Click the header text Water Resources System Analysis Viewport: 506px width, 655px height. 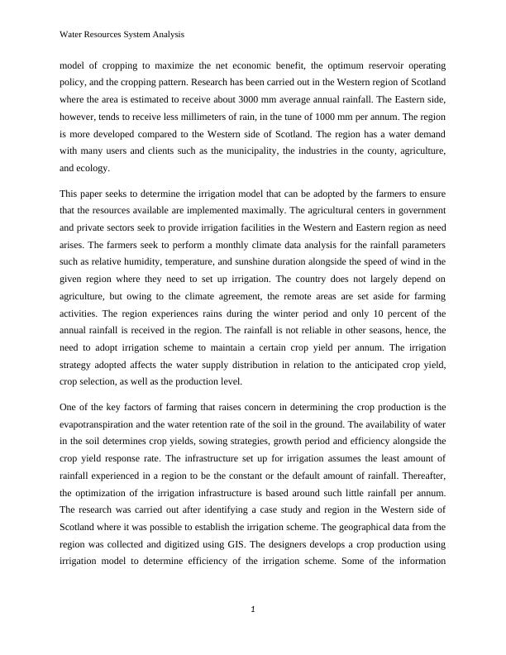tap(122, 35)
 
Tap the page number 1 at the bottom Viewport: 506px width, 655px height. tap(253, 610)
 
